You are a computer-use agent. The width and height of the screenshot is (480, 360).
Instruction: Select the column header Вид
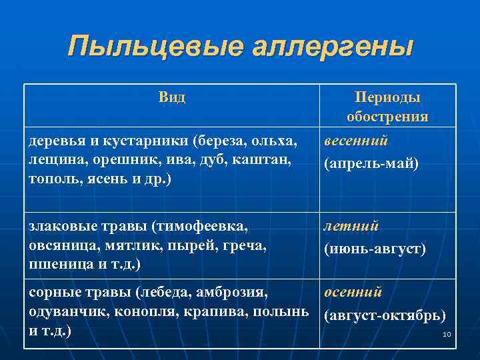pyautogui.click(x=173, y=98)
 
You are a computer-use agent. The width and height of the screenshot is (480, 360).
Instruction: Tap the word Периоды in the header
pyautogui.click(x=387, y=98)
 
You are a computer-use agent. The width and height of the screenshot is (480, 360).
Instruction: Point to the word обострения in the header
pyautogui.click(x=387, y=117)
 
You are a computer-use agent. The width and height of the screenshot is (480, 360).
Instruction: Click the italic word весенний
pyautogui.click(x=357, y=141)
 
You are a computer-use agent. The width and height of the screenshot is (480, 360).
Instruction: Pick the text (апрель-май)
pyautogui.click(x=371, y=163)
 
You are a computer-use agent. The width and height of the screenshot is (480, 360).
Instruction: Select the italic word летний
pyautogui.click(x=351, y=227)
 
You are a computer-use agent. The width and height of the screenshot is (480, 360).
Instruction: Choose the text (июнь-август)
pyautogui.click(x=375, y=249)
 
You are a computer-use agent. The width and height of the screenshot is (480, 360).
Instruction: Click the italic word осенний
pyautogui.click(x=353, y=292)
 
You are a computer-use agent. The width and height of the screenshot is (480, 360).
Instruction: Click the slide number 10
pyautogui.click(x=447, y=333)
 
